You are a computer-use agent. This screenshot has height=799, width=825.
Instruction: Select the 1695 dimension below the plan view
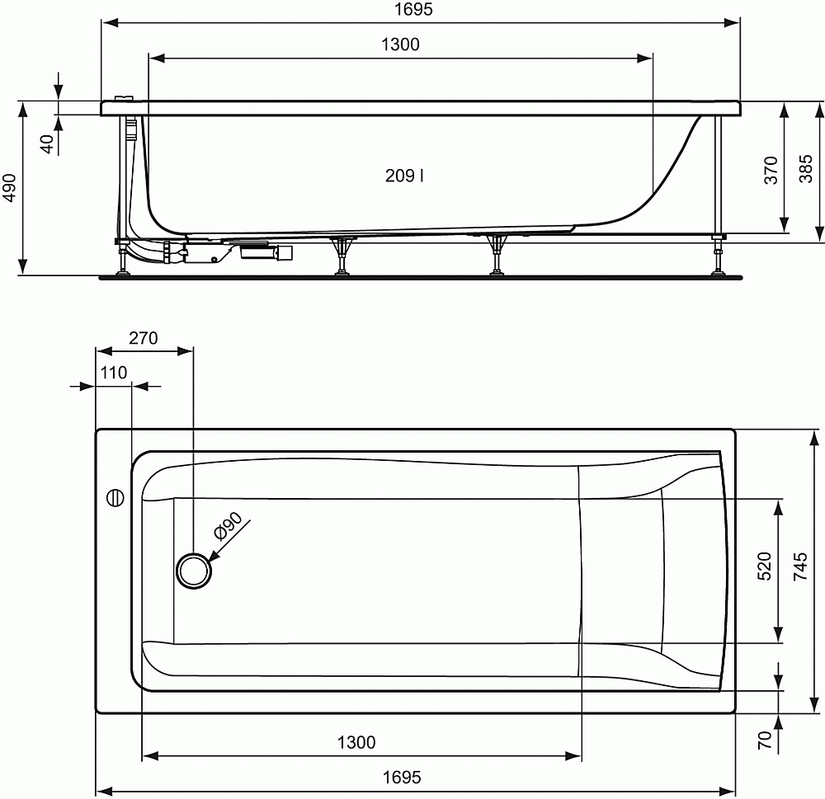401,777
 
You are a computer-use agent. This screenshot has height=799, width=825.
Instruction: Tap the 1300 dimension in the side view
400,45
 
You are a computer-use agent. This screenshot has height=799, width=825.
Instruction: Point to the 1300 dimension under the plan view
356,742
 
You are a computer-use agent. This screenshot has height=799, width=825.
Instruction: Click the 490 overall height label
9,188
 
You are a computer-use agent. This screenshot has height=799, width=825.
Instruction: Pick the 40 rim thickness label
48,143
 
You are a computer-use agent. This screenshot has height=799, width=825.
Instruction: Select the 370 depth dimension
771,168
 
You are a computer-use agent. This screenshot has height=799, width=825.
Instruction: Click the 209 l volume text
405,175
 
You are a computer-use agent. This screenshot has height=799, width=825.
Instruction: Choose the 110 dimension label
114,373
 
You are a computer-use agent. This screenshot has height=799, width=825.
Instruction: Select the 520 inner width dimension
764,567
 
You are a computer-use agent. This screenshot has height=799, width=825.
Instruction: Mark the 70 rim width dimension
764,740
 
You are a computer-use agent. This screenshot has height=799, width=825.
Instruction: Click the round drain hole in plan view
195,570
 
